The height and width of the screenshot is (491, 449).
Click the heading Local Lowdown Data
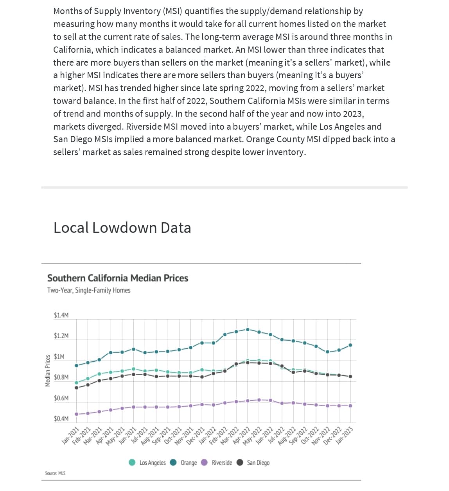pyautogui.click(x=122, y=228)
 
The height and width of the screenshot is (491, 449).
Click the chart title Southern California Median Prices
pyautogui.click(x=117, y=278)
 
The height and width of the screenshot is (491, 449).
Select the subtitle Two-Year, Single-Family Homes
pyautogui.click(x=89, y=290)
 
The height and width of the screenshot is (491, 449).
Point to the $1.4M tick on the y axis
pyautogui.click(x=61, y=315)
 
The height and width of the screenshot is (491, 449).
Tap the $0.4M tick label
pyautogui.click(x=61, y=419)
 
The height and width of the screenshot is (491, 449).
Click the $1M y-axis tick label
pyautogui.click(x=59, y=357)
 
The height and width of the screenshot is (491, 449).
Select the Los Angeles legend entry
pyautogui.click(x=147, y=462)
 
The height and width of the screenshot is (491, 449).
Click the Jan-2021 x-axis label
pyautogui.click(x=71, y=436)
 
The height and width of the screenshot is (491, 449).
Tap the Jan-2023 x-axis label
pyautogui.click(x=345, y=436)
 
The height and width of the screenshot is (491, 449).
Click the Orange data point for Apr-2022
pyautogui.click(x=248, y=329)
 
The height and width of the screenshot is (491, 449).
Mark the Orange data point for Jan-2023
pyautogui.click(x=350, y=345)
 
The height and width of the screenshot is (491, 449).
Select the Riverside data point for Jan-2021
pyautogui.click(x=76, y=414)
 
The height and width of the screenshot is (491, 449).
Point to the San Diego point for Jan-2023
pyautogui.click(x=350, y=377)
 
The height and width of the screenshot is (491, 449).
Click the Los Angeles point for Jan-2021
pyautogui.click(x=76, y=383)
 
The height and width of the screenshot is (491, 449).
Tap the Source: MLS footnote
pyautogui.click(x=55, y=473)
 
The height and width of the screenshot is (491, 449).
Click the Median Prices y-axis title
pyautogui.click(x=48, y=371)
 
